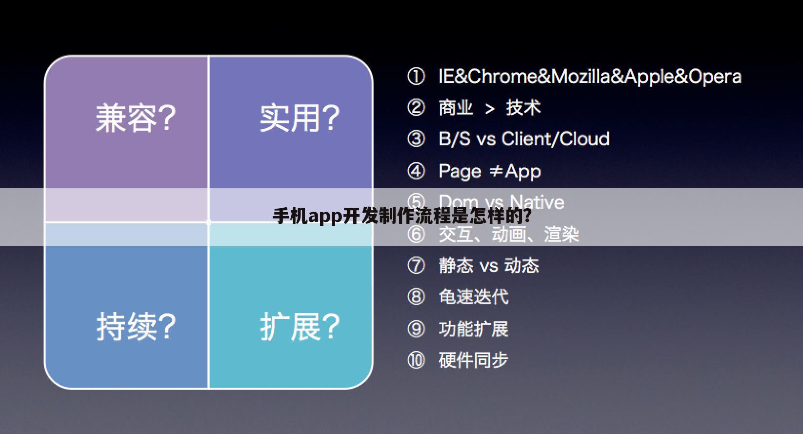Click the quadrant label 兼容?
click(x=135, y=118)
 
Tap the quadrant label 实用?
click(x=299, y=118)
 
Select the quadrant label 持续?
click(x=136, y=326)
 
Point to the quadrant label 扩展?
click(x=300, y=326)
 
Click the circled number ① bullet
click(x=416, y=77)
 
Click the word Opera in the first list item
click(x=715, y=77)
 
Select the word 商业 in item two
click(x=456, y=108)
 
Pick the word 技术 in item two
click(x=523, y=108)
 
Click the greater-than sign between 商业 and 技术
click(x=490, y=109)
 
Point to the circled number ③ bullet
click(x=416, y=139)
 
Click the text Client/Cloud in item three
click(x=555, y=139)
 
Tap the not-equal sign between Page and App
click(x=496, y=171)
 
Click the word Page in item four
click(x=460, y=172)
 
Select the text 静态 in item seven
click(x=456, y=266)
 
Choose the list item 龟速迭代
click(x=473, y=297)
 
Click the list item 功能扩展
click(x=473, y=329)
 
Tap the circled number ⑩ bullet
click(x=416, y=360)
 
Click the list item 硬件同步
click(x=473, y=360)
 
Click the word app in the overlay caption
click(x=325, y=216)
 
